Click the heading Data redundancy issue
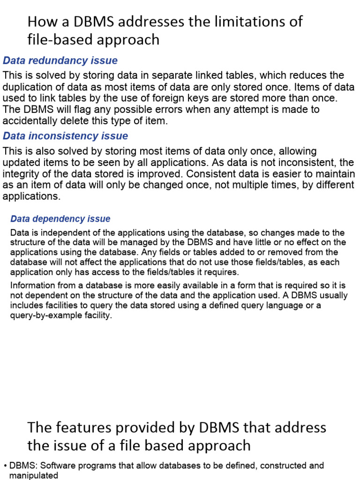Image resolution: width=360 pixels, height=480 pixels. click(60, 60)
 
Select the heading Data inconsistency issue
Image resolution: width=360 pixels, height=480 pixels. click(65, 136)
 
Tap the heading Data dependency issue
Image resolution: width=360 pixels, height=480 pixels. click(60, 219)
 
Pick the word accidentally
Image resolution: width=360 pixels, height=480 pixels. click(34, 120)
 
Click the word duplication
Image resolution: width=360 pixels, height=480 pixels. click(28, 87)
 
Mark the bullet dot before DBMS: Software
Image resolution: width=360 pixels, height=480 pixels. click(5, 466)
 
